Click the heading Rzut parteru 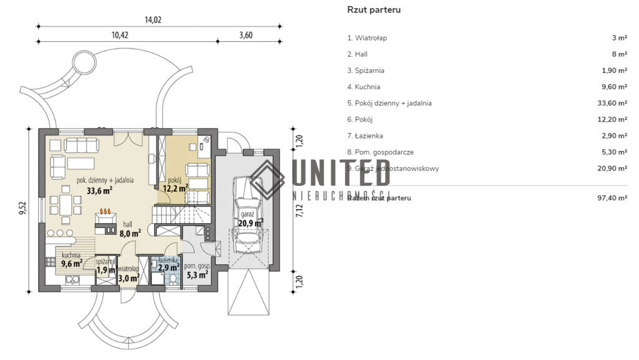pyautogui.click(x=374, y=10)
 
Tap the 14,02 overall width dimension pyautogui.click(x=153, y=20)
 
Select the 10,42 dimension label pyautogui.click(x=120, y=36)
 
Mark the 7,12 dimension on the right pyautogui.click(x=300, y=210)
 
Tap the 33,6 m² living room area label pyautogui.click(x=99, y=191)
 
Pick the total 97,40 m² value pyautogui.click(x=612, y=198)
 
